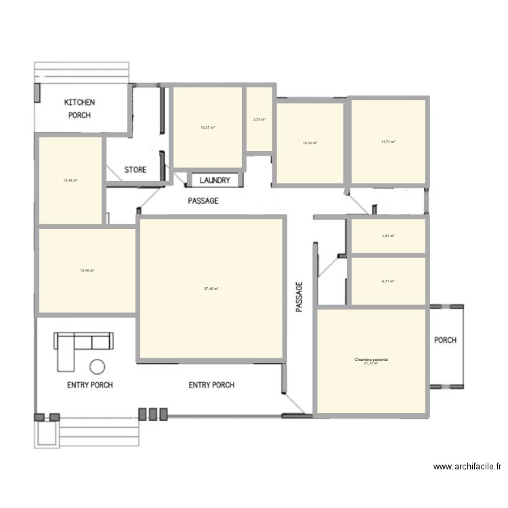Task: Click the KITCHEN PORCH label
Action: (x=79, y=108)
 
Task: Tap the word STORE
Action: (x=135, y=169)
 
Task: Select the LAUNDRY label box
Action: (x=214, y=181)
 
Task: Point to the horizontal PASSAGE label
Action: (x=203, y=201)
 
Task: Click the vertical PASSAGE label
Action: (x=299, y=297)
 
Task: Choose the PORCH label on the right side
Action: (x=445, y=340)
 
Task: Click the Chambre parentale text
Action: (x=371, y=360)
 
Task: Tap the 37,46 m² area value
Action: (x=211, y=289)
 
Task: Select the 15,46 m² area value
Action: (x=87, y=270)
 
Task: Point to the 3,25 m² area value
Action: (x=259, y=120)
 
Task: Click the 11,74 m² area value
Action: (x=388, y=142)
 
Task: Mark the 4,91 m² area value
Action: (x=388, y=236)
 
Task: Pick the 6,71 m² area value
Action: (x=388, y=281)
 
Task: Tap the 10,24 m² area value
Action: (x=310, y=143)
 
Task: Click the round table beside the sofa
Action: (x=98, y=366)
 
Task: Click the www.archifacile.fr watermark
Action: (x=467, y=467)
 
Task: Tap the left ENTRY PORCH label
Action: (x=89, y=385)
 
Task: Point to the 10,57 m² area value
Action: (x=208, y=127)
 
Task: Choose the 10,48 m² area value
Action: (x=70, y=180)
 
